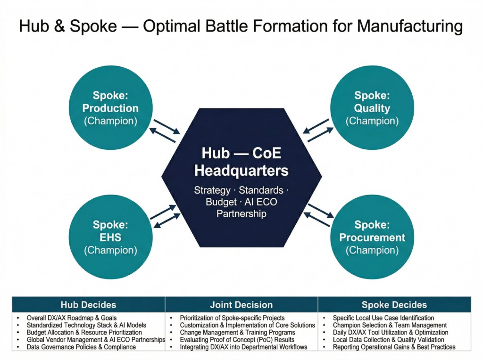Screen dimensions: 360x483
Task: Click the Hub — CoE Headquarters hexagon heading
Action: coord(241,161)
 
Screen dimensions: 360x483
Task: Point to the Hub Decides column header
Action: coord(88,304)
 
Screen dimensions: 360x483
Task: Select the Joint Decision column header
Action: coord(241,304)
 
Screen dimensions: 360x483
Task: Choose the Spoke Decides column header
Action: coord(394,304)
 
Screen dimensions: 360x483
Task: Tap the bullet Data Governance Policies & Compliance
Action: coord(81,347)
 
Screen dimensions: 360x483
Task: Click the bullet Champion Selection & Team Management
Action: coord(390,325)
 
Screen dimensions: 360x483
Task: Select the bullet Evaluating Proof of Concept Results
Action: coord(237,340)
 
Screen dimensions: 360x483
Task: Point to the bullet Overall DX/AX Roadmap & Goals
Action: coord(72,318)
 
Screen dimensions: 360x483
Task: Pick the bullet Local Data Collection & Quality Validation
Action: coord(388,340)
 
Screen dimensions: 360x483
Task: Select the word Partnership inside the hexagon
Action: coord(241,213)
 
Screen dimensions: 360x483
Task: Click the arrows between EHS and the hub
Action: coord(165,216)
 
